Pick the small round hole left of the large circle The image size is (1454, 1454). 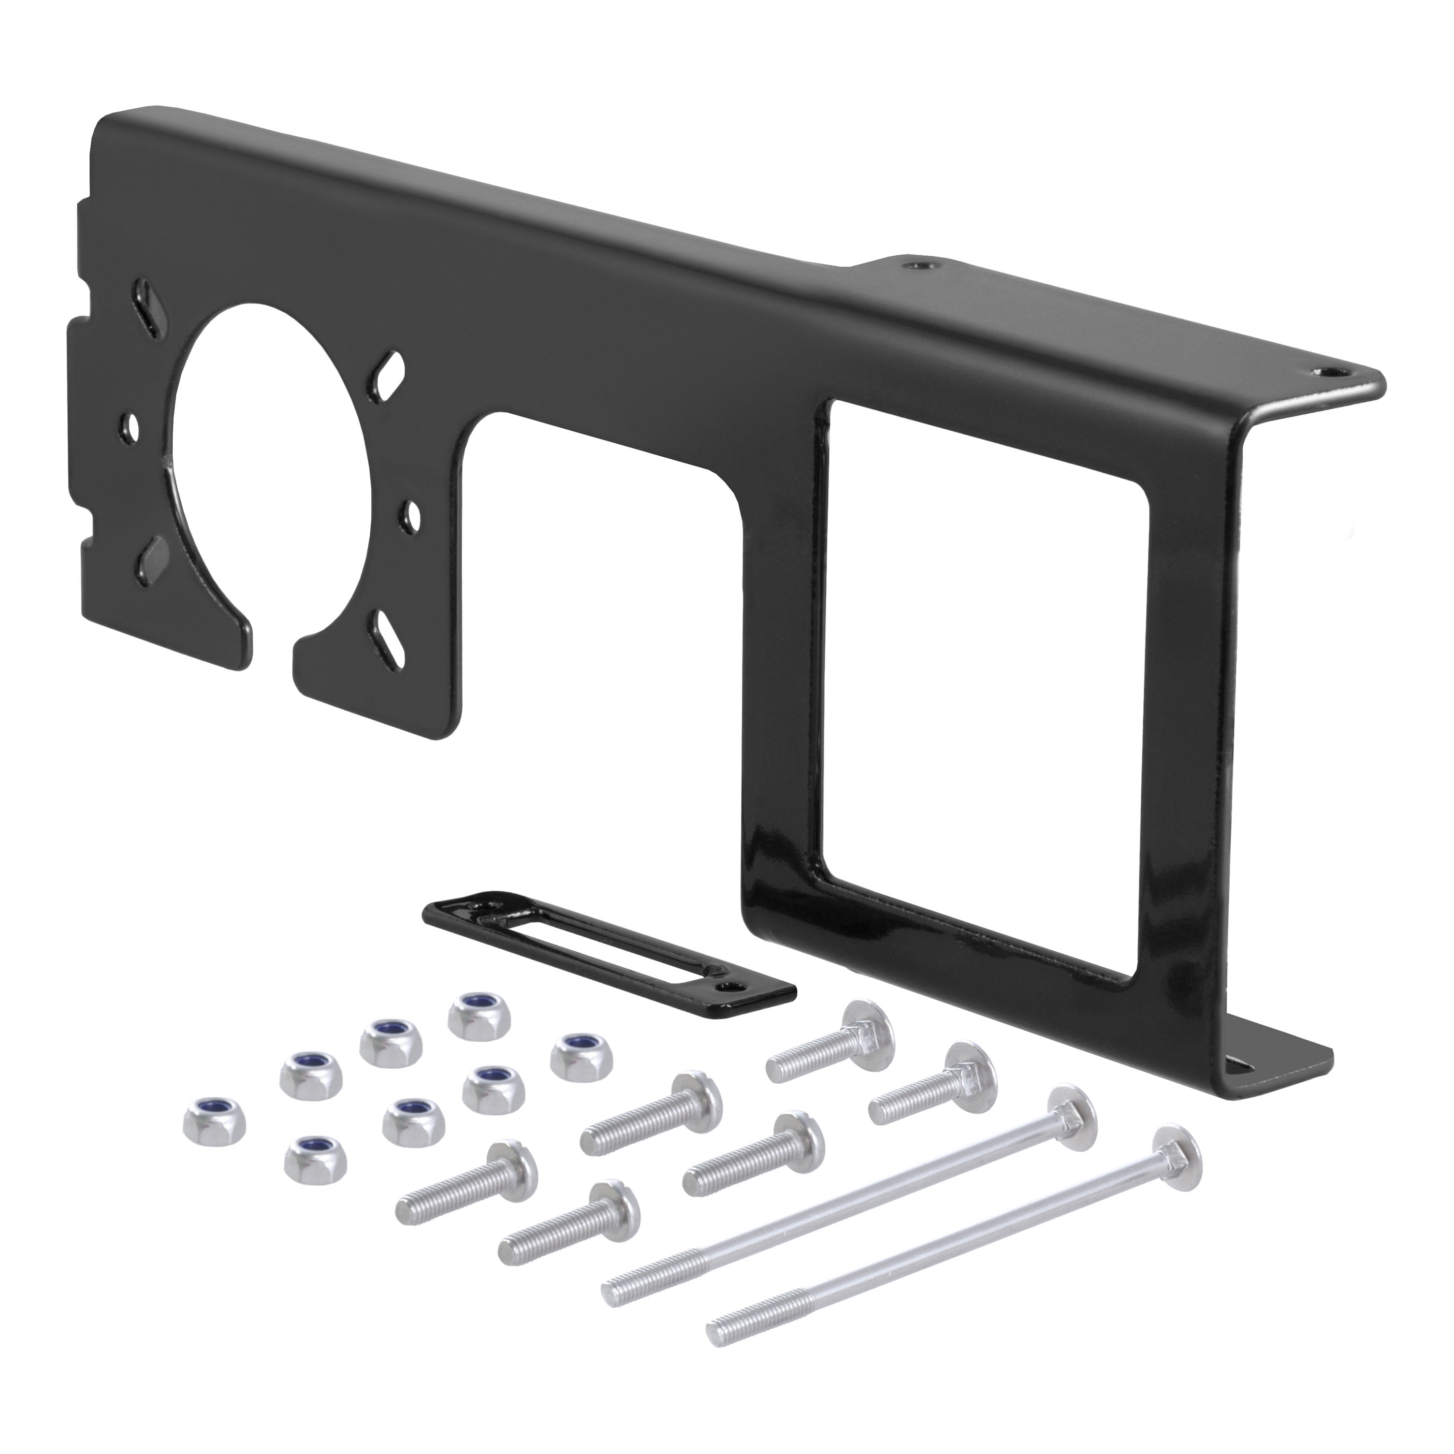132,427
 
